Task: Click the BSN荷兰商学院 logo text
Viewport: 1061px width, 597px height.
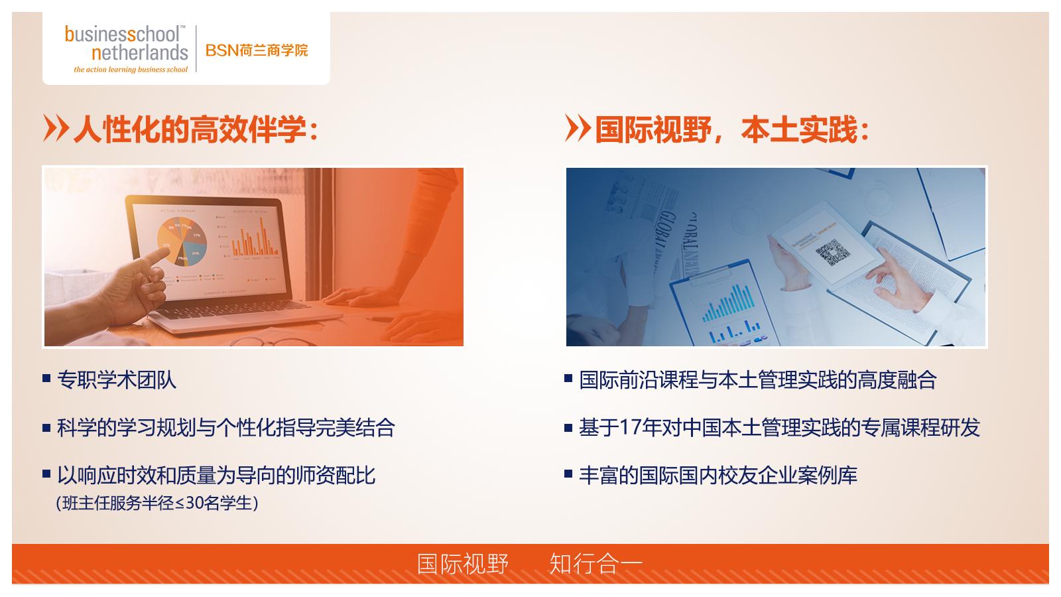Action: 257,50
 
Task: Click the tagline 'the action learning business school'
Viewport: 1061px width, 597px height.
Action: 131,70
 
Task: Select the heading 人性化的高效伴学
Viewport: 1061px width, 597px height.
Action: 196,129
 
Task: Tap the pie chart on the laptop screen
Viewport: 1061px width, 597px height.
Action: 182,243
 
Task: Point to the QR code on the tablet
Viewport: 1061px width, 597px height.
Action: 832,253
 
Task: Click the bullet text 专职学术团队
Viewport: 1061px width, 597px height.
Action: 117,380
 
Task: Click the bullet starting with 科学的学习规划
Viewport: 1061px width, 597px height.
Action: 225,427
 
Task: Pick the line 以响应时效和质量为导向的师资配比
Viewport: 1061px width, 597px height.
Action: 216,475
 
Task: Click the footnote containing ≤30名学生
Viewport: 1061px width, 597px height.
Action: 157,503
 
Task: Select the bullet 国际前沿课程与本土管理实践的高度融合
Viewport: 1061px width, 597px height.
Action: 757,380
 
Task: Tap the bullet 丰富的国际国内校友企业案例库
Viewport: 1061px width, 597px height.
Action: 718,475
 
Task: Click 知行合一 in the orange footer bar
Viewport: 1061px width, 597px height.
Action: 595,564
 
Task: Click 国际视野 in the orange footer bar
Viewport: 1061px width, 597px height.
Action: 463,564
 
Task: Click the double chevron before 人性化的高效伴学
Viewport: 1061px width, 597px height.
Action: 55,128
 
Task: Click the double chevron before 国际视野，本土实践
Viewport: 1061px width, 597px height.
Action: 577,128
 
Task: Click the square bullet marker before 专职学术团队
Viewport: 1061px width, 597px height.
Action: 46,379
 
